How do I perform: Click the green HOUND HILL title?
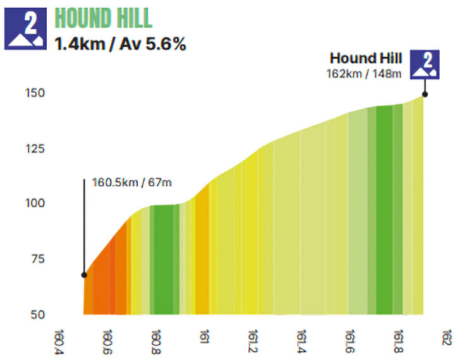point(104,18)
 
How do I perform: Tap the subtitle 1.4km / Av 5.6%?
point(119,44)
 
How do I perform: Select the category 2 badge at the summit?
point(423,64)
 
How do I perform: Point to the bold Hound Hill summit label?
point(365,59)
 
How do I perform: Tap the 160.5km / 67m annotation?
point(132,183)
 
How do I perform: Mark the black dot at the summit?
point(425,94)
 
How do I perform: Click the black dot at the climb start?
point(84,275)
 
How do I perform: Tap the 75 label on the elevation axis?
point(37,259)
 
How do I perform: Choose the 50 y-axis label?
point(37,314)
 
